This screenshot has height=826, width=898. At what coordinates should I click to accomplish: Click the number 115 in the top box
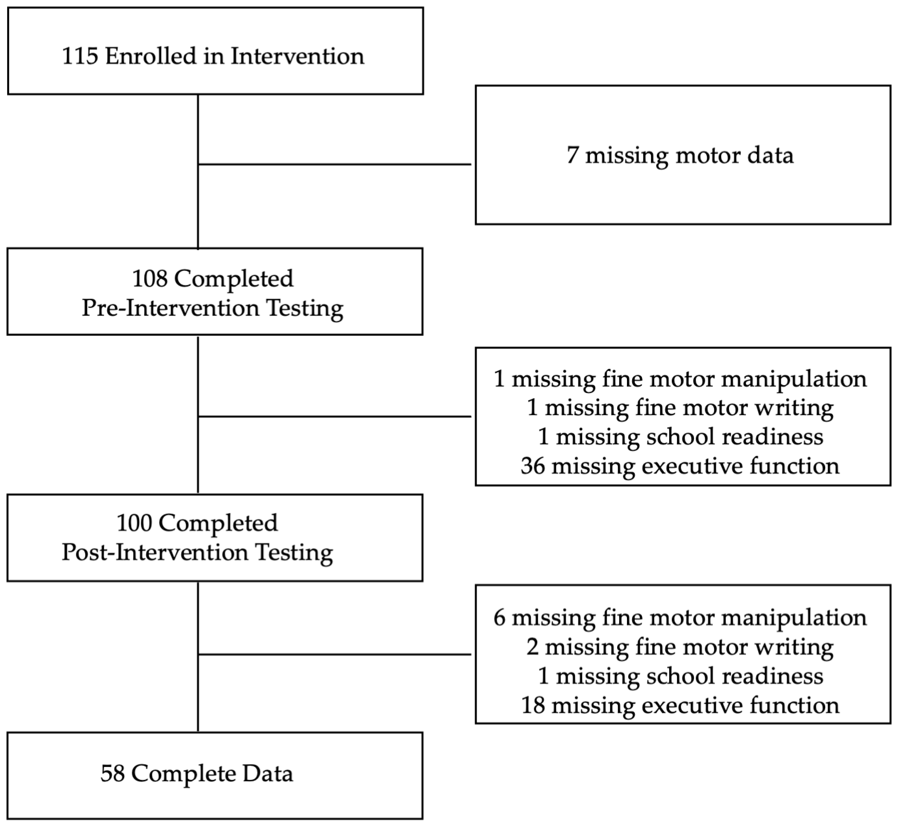80,56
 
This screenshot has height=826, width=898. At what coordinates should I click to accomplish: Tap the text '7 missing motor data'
680,155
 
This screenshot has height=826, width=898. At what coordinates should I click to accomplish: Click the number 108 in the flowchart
150,279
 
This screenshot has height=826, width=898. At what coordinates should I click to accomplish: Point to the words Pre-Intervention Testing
212,309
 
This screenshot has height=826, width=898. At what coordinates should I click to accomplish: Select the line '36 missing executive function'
680,466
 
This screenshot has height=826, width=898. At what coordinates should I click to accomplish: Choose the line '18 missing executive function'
680,705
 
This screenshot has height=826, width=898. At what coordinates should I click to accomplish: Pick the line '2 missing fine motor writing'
680,647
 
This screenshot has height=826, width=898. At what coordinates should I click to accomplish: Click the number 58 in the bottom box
113,773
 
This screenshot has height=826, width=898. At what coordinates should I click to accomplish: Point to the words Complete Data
212,773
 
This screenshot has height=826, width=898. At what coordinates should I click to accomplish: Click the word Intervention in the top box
297,56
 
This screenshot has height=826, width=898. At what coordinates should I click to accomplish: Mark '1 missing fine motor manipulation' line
680,379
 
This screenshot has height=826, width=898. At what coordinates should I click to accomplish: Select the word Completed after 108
233,279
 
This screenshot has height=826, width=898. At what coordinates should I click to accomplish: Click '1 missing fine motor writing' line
680,408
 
